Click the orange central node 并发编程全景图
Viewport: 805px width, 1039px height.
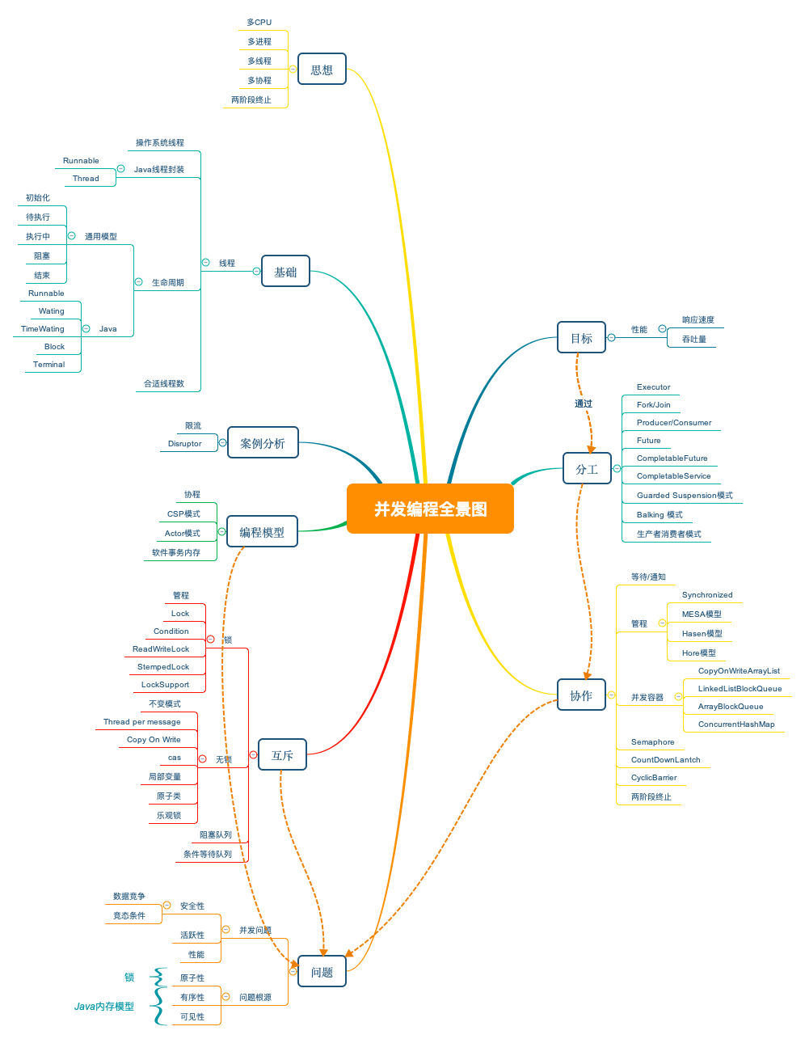tap(430, 509)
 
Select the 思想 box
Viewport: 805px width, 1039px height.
tap(322, 70)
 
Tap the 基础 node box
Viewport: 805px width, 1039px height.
tap(285, 272)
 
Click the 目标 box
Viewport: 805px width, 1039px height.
tap(581, 338)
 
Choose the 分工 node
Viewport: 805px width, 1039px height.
tap(587, 469)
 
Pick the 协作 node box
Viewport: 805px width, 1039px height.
tap(581, 695)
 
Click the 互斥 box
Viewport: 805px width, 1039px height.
tap(282, 755)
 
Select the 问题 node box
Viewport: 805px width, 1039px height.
tap(322, 972)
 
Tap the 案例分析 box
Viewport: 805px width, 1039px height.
tap(263, 443)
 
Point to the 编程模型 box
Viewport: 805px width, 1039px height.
tap(262, 532)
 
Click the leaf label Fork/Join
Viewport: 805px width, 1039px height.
tap(653, 405)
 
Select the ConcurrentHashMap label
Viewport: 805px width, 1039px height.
tap(736, 724)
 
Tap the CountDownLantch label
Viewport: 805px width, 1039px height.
tap(665, 760)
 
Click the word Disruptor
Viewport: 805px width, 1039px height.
tap(184, 444)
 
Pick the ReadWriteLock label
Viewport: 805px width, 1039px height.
tap(161, 649)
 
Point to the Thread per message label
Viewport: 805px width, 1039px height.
tap(141, 722)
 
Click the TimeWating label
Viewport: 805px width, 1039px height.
tap(43, 329)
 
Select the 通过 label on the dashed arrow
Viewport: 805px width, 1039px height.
tap(584, 403)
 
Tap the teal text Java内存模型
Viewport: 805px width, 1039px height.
tap(104, 1007)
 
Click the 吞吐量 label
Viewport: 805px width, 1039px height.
tap(693, 340)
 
